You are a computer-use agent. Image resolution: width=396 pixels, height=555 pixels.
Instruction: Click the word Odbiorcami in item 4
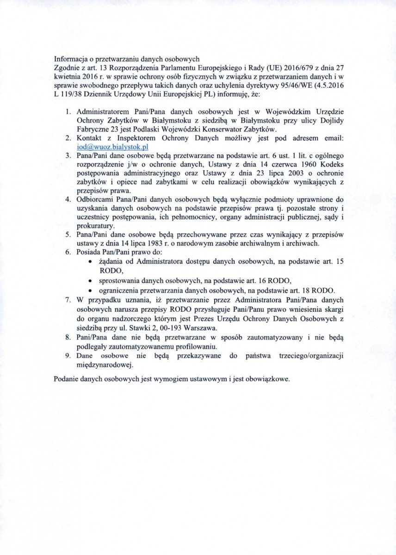point(94,199)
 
